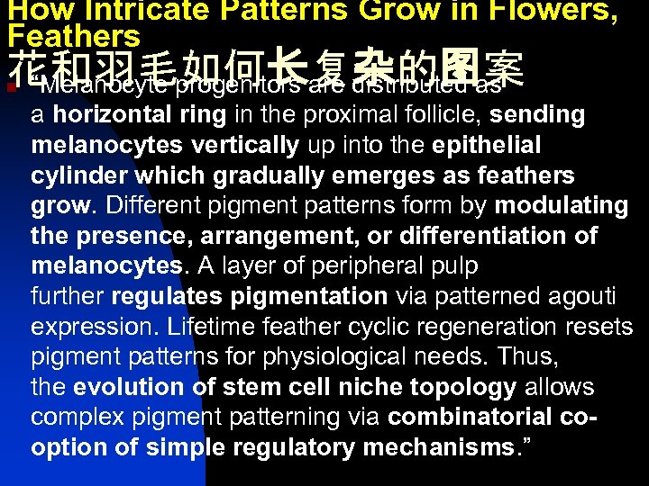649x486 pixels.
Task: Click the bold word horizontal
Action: point(112,115)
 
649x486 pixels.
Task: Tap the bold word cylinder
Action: point(75,175)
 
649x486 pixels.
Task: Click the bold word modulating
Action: point(561,206)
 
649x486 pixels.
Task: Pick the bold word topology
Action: point(465,388)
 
